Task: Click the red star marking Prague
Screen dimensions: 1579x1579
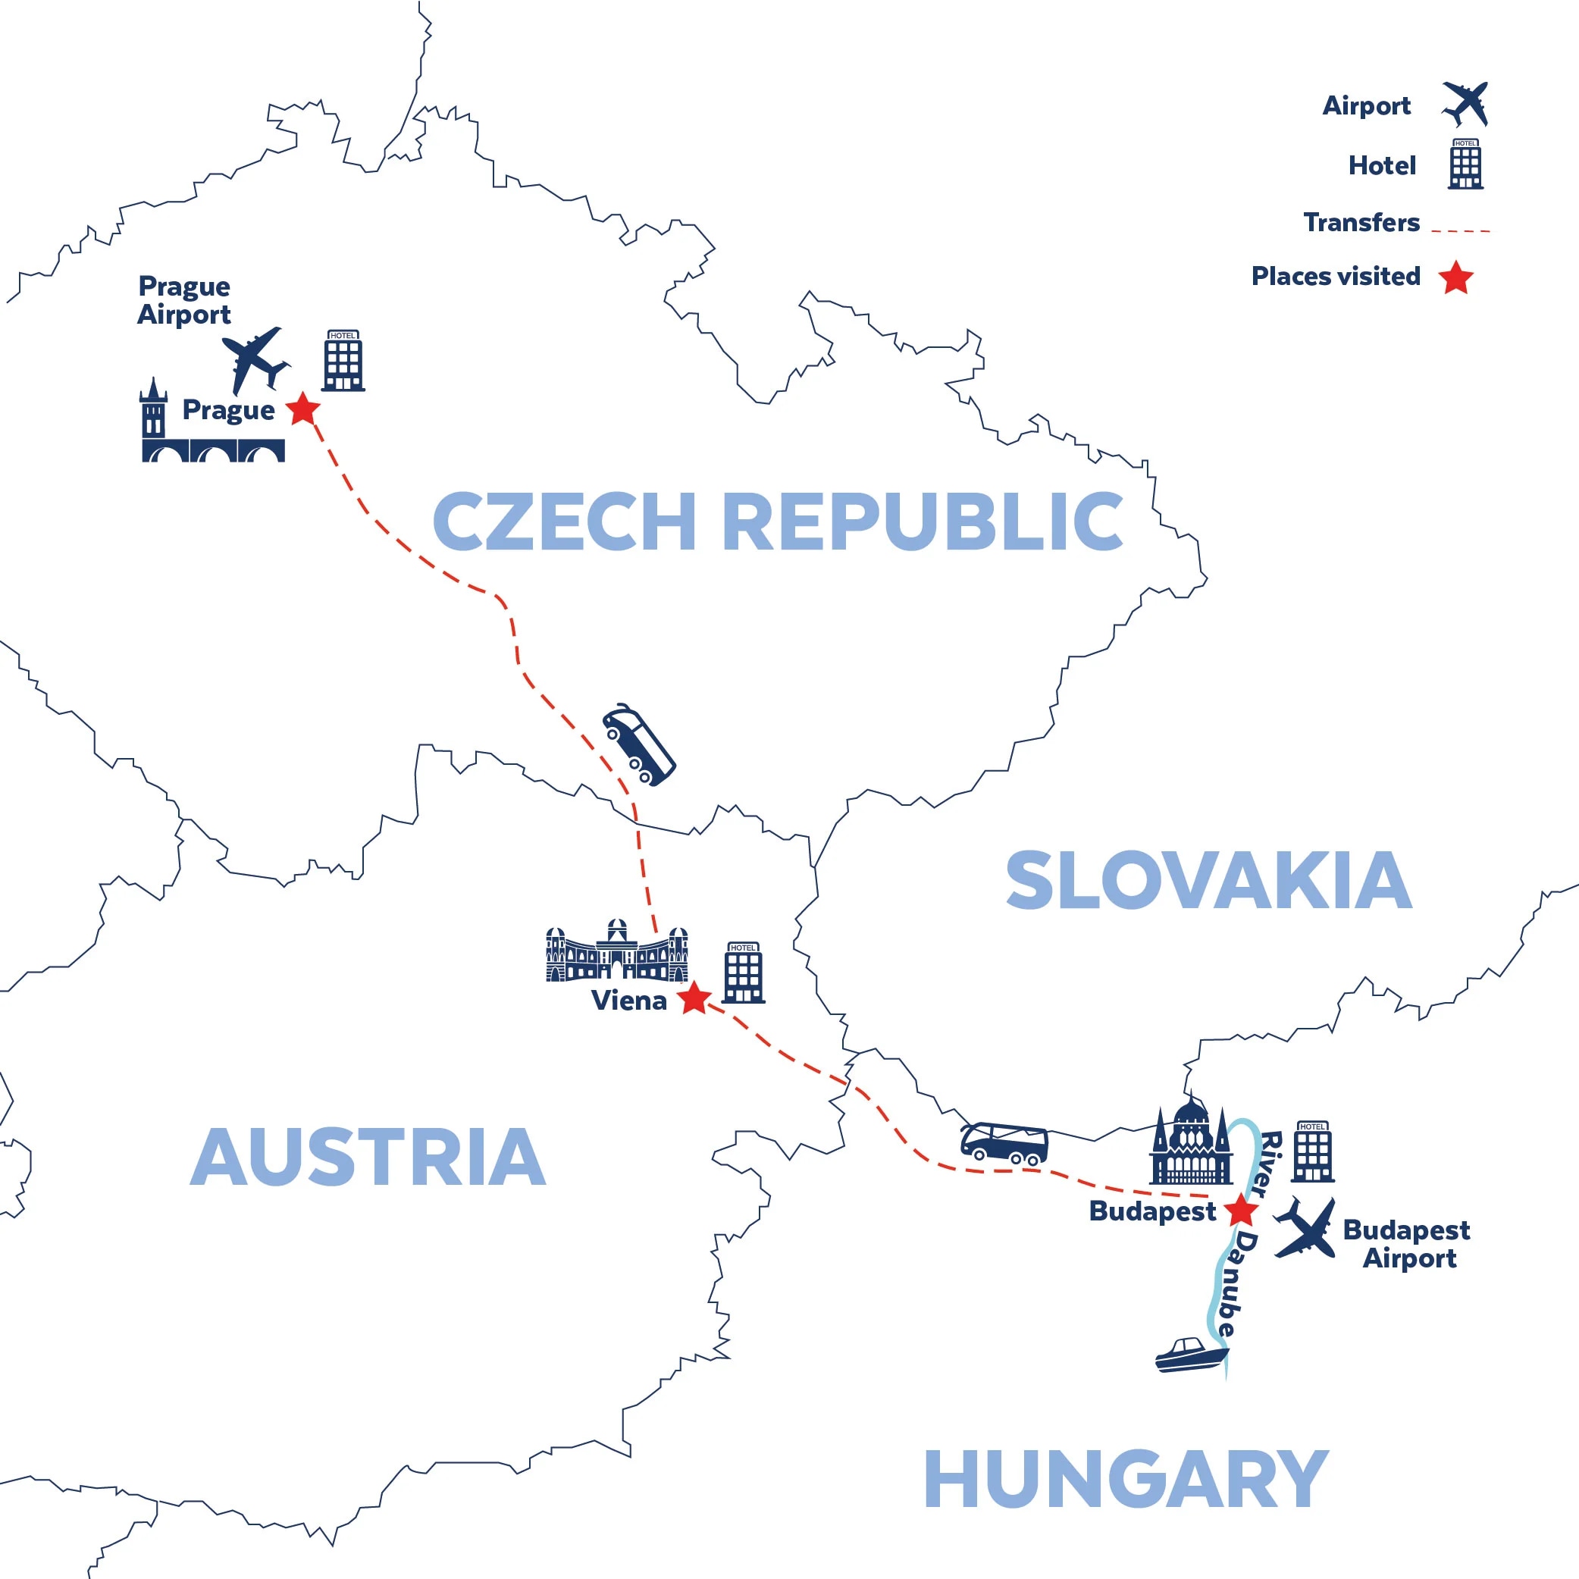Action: (303, 409)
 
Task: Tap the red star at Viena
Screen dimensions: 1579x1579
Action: (694, 998)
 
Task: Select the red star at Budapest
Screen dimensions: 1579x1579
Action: (1242, 1211)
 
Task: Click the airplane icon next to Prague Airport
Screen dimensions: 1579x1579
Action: (255, 359)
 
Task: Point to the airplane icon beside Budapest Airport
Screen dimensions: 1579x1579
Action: (1306, 1228)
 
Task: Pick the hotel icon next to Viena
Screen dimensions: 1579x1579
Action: (743, 973)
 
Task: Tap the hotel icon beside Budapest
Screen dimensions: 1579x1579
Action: (1313, 1151)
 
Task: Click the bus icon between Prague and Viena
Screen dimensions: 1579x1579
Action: (638, 744)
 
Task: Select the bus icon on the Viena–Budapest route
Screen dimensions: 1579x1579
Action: (1004, 1143)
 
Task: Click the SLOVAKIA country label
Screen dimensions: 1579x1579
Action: (1208, 880)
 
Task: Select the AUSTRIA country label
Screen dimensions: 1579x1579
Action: (368, 1157)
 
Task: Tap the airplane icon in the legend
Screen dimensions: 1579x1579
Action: (1465, 104)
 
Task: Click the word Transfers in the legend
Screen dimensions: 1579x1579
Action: (1361, 222)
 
